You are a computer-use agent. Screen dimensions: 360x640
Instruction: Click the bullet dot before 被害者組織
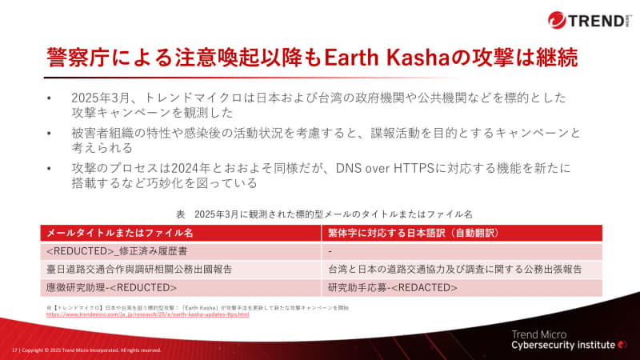(50, 133)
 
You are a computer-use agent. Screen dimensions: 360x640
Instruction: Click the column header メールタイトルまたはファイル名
(120, 233)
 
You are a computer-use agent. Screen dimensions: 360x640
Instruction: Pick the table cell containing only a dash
(330, 250)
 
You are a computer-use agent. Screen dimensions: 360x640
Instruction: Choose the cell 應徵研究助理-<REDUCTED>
(112, 286)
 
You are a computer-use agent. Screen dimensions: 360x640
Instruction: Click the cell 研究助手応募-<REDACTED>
(392, 286)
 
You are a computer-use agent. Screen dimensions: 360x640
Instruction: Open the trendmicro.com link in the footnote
(148, 314)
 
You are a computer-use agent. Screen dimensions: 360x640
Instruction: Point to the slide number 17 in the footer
(14, 350)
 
